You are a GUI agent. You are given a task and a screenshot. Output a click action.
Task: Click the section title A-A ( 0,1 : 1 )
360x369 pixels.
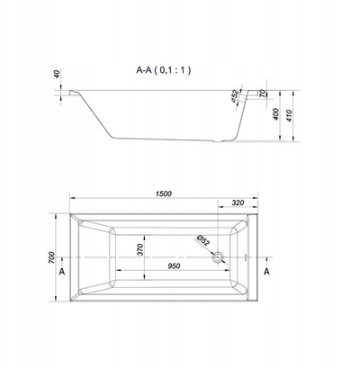pyautogui.click(x=164, y=70)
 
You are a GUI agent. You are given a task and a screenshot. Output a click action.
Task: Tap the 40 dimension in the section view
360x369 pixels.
pyautogui.click(x=58, y=74)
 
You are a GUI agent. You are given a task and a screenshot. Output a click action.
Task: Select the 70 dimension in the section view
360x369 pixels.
pyautogui.click(x=263, y=94)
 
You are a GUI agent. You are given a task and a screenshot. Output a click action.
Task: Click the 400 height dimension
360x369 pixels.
pyautogui.click(x=276, y=114)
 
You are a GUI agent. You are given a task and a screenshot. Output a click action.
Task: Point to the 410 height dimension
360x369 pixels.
pyautogui.click(x=289, y=115)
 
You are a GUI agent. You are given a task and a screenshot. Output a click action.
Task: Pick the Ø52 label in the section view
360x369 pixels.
pyautogui.click(x=235, y=96)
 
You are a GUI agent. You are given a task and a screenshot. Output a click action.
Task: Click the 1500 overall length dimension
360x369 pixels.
pyautogui.click(x=164, y=193)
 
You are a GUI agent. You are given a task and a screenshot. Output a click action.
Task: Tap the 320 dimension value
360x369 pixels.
pyautogui.click(x=238, y=202)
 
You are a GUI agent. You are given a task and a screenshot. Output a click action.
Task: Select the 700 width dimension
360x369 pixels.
pyautogui.click(x=51, y=257)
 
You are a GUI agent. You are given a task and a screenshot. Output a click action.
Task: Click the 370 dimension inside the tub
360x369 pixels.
pyautogui.click(x=140, y=249)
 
